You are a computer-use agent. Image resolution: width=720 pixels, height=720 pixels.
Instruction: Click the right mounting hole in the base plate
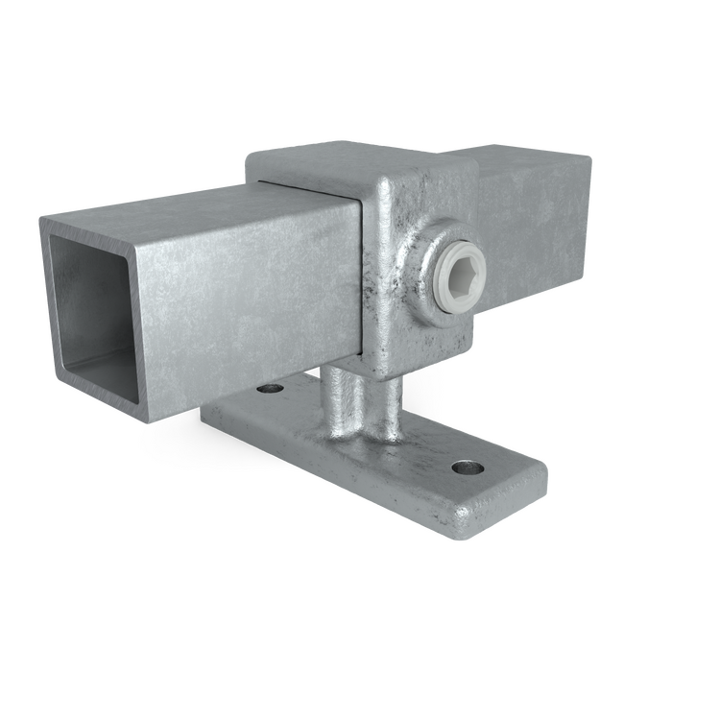[x=468, y=469]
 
